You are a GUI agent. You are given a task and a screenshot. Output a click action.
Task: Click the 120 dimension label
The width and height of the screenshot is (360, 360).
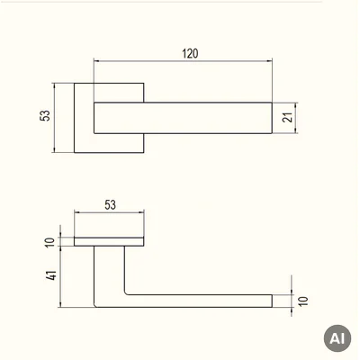tap(190, 53)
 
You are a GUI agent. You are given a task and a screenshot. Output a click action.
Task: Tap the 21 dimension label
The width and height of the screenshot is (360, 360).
tap(287, 117)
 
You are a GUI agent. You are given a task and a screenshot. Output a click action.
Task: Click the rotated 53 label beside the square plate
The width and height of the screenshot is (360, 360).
tap(45, 115)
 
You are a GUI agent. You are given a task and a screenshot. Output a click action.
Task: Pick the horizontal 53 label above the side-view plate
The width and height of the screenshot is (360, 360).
tap(110, 205)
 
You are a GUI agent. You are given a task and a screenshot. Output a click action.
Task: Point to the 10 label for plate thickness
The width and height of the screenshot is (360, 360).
tap(50, 242)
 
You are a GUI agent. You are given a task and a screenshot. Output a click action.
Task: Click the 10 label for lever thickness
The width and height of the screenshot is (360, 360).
tap(303, 301)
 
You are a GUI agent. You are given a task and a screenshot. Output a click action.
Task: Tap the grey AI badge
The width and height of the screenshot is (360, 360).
tap(337, 338)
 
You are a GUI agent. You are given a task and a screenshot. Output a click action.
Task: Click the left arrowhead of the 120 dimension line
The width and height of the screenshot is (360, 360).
tap(96, 61)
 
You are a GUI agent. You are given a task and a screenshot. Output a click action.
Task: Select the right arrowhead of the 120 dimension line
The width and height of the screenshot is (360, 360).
tap(269, 61)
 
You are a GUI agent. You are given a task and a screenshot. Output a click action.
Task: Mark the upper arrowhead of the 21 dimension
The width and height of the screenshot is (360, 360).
tap(296, 105)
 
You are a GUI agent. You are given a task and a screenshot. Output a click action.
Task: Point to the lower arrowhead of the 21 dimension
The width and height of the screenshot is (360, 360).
tap(296, 130)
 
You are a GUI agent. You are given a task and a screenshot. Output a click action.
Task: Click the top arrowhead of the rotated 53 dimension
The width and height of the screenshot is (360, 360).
tap(54, 85)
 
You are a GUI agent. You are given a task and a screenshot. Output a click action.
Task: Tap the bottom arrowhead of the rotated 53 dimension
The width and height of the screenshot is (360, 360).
tap(54, 149)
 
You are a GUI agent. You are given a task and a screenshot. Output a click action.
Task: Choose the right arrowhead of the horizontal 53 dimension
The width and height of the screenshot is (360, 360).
tap(141, 212)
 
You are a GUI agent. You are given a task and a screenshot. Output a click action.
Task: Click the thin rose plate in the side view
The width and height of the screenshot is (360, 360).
tap(109, 241)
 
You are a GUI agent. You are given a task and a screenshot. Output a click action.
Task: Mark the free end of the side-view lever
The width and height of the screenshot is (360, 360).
tap(272, 301)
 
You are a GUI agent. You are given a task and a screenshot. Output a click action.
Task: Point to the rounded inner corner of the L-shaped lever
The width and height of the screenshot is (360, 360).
tap(126, 293)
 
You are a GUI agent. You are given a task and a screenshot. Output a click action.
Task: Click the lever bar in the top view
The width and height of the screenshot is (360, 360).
tap(183, 118)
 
